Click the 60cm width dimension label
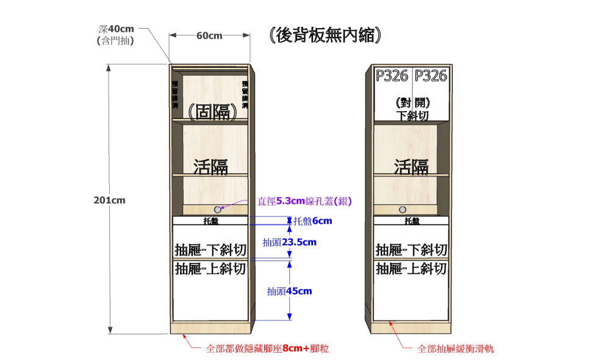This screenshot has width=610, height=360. (x=209, y=35)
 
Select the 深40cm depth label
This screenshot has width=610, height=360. (x=116, y=29)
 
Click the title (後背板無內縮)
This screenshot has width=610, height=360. (x=325, y=35)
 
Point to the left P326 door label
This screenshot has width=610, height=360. (x=392, y=76)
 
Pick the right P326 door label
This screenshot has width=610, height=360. (x=431, y=76)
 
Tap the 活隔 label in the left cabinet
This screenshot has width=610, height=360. (x=211, y=167)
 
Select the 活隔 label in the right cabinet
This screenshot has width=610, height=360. (x=411, y=167)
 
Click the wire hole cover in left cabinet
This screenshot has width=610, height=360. (x=218, y=209)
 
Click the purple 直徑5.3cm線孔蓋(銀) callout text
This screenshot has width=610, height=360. (x=305, y=200)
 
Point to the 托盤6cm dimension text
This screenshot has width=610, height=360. (x=313, y=221)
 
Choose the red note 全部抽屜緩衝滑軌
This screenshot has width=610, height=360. (x=456, y=349)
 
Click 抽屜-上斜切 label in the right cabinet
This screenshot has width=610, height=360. (x=411, y=268)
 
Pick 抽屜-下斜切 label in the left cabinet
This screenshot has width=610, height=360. (x=210, y=250)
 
